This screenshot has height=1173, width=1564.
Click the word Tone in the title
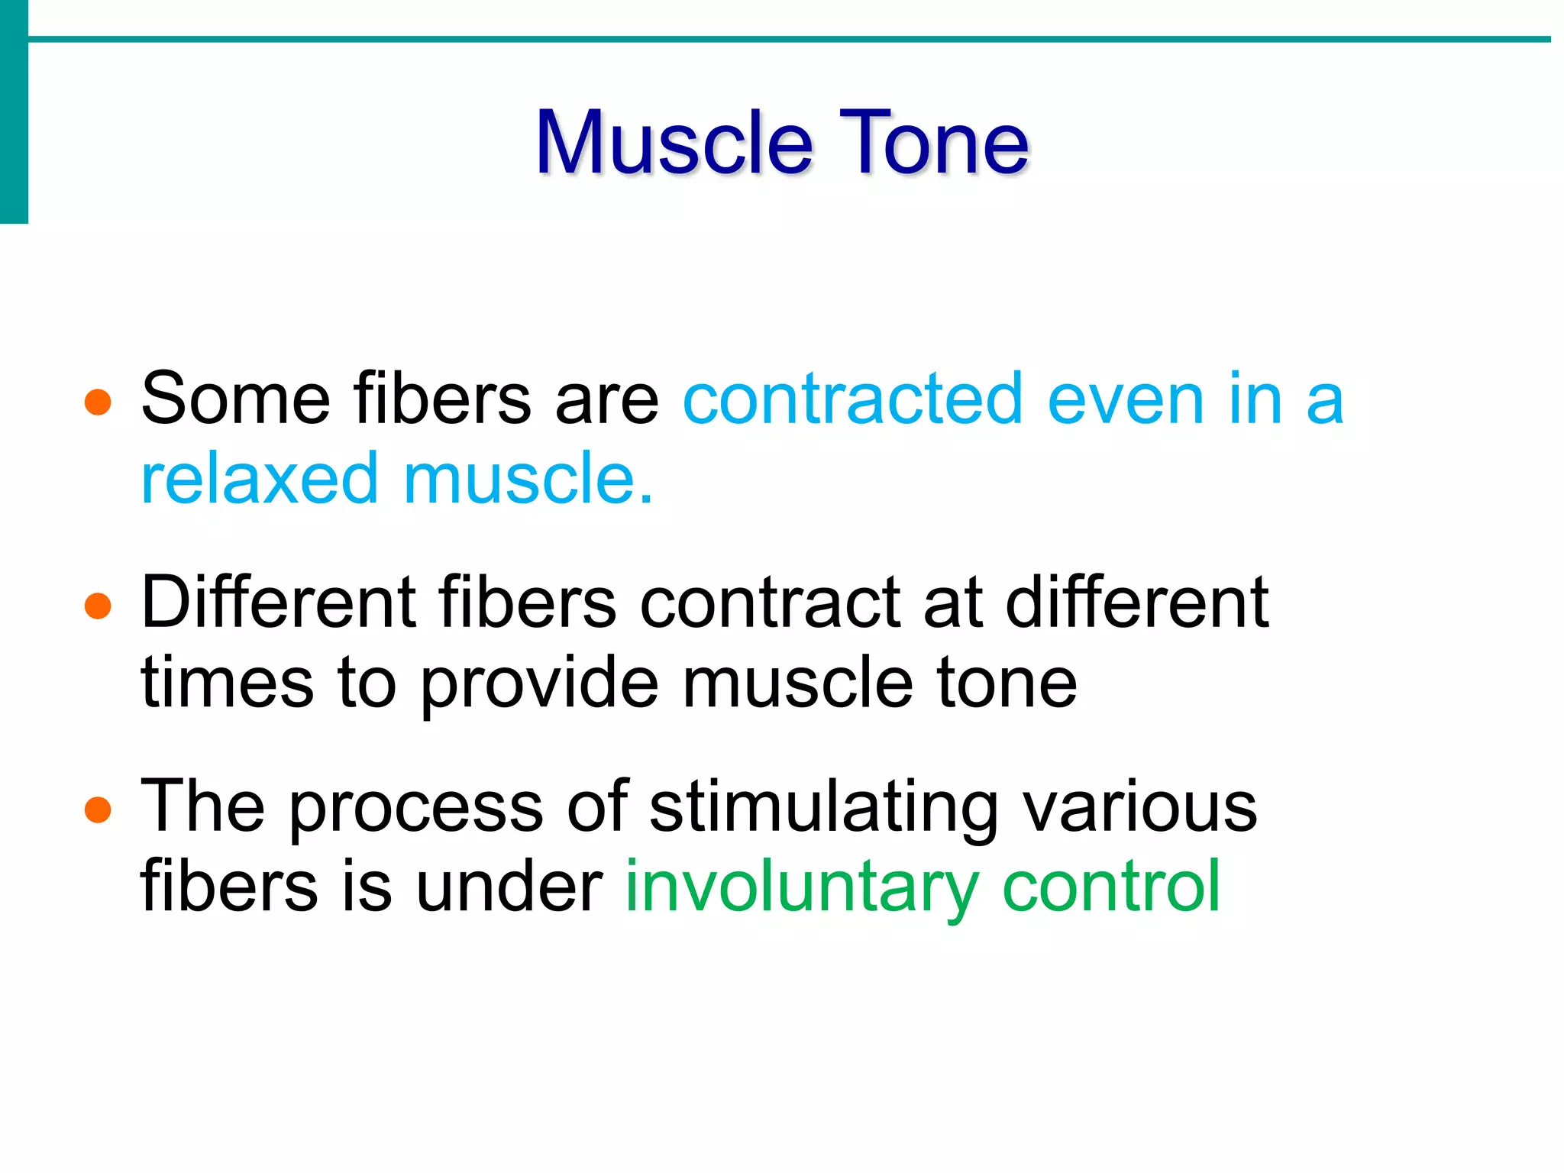[933, 143]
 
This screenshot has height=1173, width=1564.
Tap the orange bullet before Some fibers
[98, 402]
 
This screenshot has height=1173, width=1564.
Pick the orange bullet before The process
[98, 809]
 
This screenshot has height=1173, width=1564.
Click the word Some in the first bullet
[235, 399]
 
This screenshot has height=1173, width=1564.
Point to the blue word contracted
[852, 399]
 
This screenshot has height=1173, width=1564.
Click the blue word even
[1126, 399]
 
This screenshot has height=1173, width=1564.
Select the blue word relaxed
[260, 480]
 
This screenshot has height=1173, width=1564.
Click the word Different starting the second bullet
[278, 603]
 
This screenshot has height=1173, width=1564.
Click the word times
[228, 683]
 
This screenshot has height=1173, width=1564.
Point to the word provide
[539, 683]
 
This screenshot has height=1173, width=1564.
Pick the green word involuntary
[802, 887]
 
